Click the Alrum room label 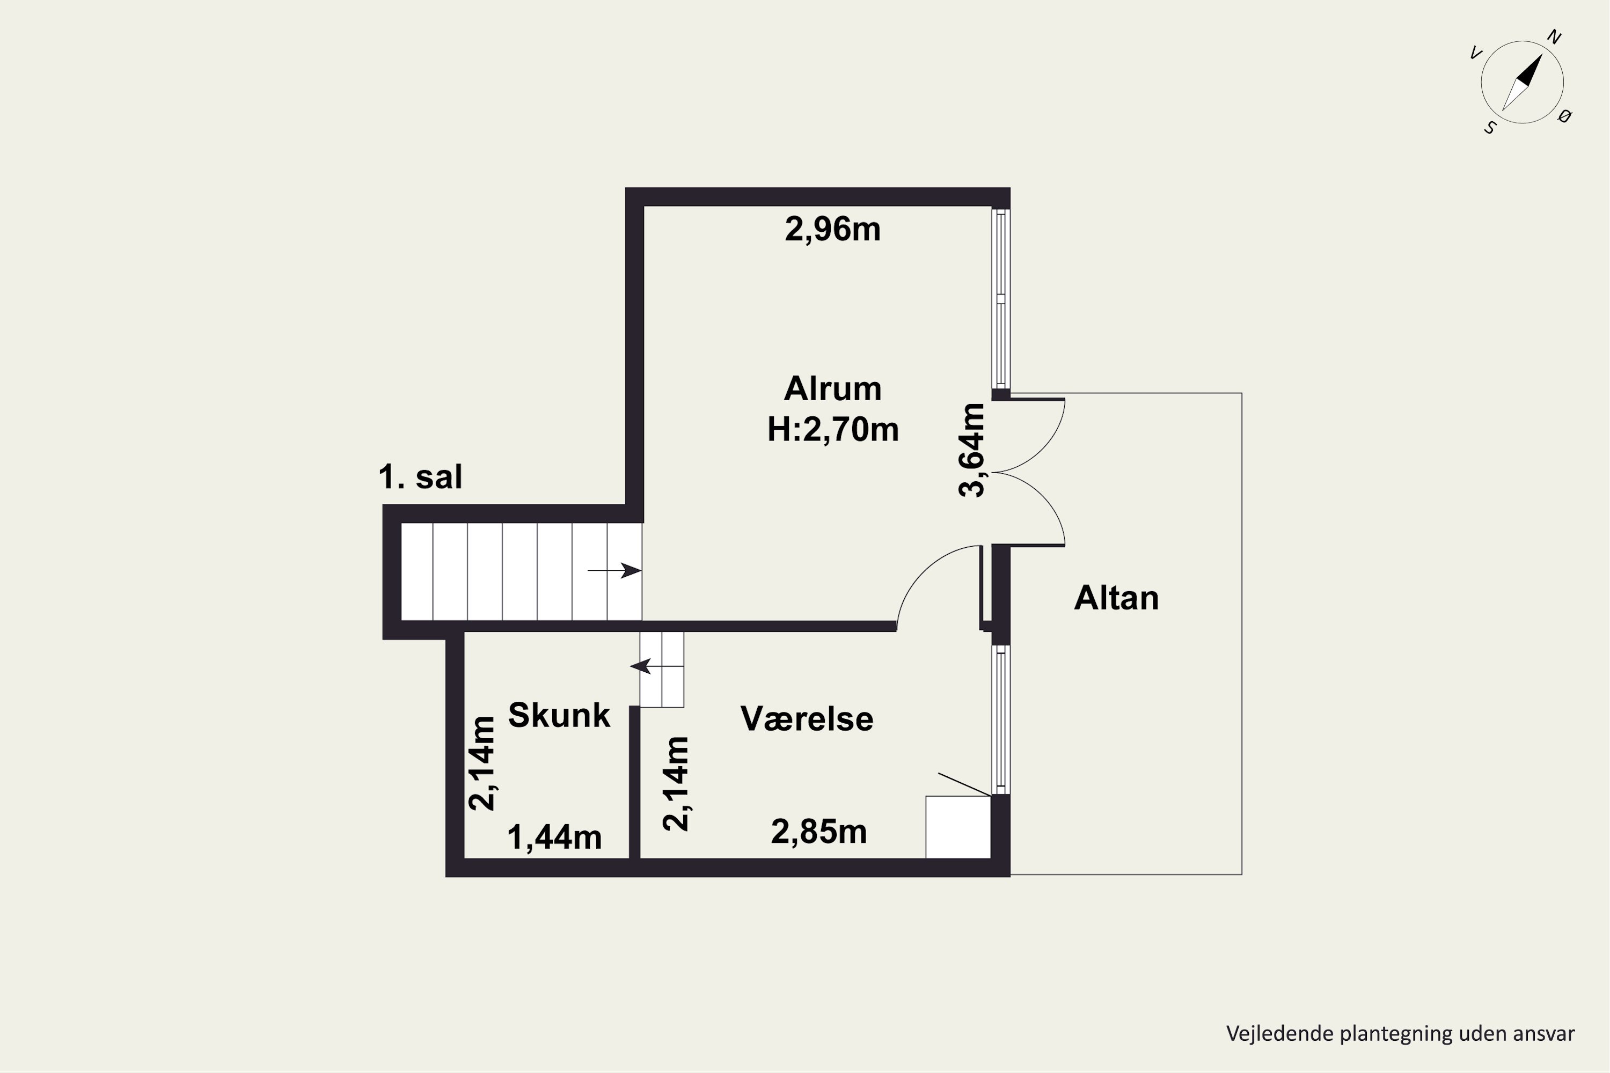click(832, 388)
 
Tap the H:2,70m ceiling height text click(832, 430)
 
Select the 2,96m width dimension click(832, 229)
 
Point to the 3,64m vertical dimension click(971, 450)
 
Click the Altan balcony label click(1116, 598)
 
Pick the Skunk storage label click(559, 715)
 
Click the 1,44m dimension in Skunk click(554, 837)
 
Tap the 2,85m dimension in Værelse click(819, 832)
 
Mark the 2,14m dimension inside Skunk click(482, 763)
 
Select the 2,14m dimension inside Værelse click(676, 783)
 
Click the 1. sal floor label click(420, 477)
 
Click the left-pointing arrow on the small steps click(656, 666)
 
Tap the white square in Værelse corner click(958, 827)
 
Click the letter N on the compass click(1554, 38)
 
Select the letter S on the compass click(1490, 128)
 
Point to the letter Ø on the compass click(1565, 116)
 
